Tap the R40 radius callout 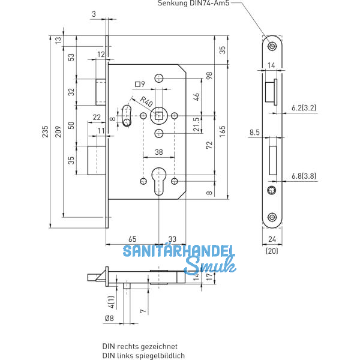(146, 100)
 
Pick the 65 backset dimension (133, 239)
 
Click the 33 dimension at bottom (172, 239)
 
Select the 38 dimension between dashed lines (158, 152)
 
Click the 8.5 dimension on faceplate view (254, 133)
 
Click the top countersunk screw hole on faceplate (272, 46)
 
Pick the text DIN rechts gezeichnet (140, 346)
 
